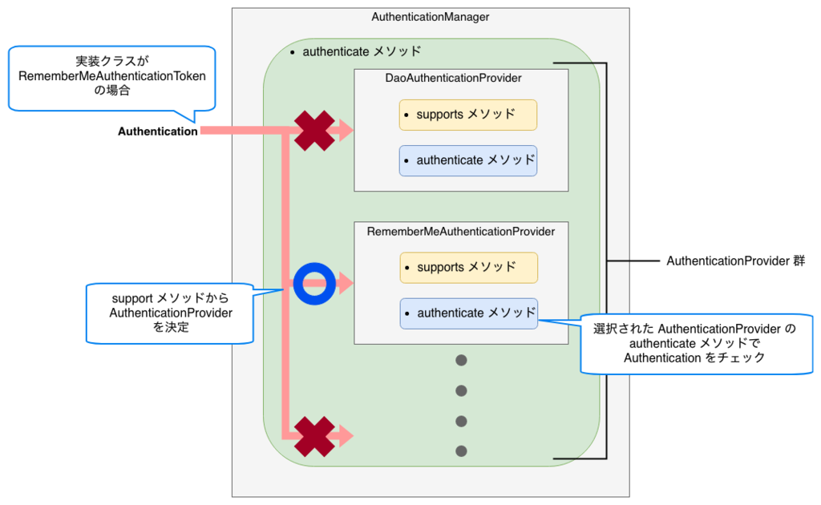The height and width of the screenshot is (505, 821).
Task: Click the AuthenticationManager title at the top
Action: (x=431, y=17)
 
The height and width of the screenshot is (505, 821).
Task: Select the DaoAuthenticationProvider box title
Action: (x=454, y=78)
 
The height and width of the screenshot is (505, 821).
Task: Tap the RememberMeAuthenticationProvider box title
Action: (x=461, y=231)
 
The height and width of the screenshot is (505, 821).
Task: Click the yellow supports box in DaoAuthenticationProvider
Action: (x=468, y=115)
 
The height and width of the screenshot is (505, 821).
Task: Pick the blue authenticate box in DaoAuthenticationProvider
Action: (x=468, y=160)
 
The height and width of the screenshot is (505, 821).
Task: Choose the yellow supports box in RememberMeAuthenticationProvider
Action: (x=469, y=267)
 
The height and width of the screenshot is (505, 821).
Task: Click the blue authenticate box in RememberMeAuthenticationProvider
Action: (x=469, y=313)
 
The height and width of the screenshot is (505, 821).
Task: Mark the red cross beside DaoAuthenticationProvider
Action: (x=314, y=131)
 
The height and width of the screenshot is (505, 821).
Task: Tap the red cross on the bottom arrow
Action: (x=314, y=435)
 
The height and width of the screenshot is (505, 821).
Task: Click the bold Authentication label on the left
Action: (x=158, y=131)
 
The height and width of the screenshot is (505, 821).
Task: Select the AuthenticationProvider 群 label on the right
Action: (x=735, y=261)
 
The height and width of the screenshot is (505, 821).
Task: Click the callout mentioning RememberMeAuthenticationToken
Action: (x=111, y=77)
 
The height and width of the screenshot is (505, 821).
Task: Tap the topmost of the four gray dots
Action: (x=461, y=360)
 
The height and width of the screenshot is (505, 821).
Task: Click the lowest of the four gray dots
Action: (x=461, y=451)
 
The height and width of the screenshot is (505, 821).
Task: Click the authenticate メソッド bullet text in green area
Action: (x=362, y=51)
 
